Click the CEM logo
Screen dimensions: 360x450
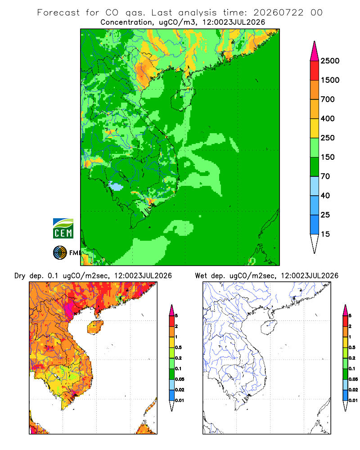click(63, 229)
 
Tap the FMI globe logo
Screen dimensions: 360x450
click(60, 253)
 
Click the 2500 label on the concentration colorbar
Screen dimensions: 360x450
click(330, 61)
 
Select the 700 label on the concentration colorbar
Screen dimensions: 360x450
click(328, 99)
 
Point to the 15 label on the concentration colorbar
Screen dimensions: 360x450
click(325, 234)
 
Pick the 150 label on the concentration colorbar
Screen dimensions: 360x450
click(328, 157)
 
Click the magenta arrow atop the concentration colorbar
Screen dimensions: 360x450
click(315, 51)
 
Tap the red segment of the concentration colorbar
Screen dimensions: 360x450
click(315, 71)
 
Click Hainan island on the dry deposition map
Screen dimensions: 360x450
click(95, 327)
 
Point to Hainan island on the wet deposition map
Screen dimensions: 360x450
click(269, 327)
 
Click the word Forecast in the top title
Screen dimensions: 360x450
click(58, 13)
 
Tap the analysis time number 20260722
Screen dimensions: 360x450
click(278, 13)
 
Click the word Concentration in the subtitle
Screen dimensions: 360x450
click(126, 22)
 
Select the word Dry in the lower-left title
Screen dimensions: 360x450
click(20, 276)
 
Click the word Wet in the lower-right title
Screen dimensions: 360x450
click(201, 276)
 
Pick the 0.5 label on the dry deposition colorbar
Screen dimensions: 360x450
click(178, 347)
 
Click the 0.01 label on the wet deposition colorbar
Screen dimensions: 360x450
click(353, 400)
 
